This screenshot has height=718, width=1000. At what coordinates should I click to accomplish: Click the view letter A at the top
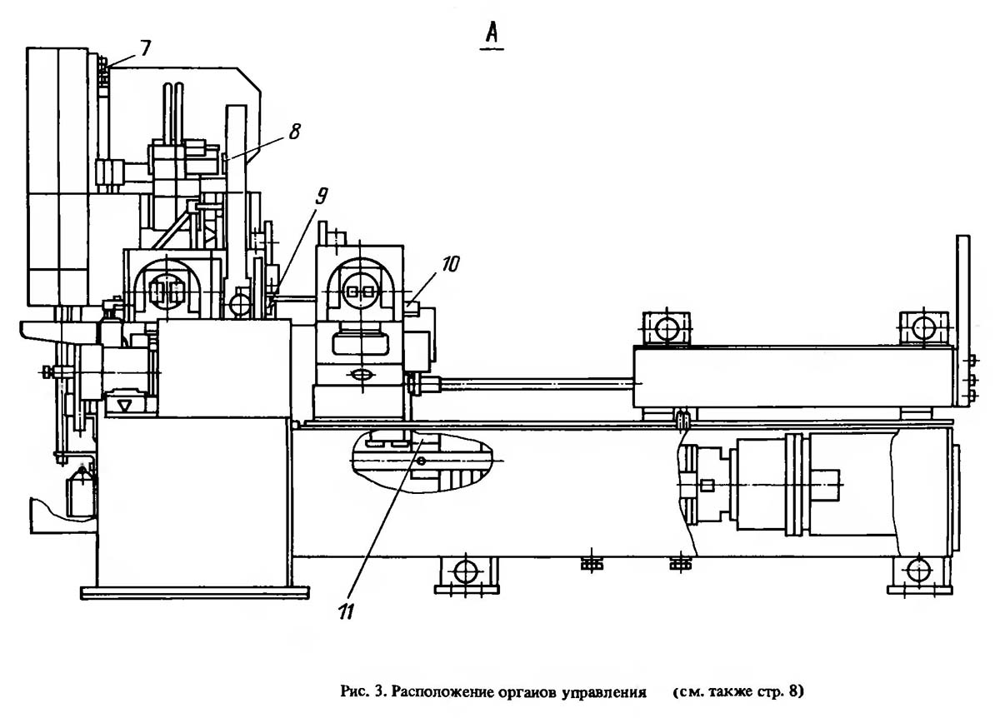492,33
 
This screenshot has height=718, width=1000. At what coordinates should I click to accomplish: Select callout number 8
295,132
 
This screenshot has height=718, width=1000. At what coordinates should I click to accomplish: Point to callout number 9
321,197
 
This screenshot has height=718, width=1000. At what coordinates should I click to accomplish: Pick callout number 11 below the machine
347,611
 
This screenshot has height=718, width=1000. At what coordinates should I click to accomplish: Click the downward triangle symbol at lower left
124,405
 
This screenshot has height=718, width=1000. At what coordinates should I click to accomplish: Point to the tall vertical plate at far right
962,321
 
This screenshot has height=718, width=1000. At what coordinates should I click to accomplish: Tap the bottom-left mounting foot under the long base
467,576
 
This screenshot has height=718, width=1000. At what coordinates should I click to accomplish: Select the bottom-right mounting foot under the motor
918,576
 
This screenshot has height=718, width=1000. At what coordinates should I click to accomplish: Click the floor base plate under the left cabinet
195,593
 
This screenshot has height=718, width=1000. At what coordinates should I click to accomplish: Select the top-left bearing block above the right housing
666,328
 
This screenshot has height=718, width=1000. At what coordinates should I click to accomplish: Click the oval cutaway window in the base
422,460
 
